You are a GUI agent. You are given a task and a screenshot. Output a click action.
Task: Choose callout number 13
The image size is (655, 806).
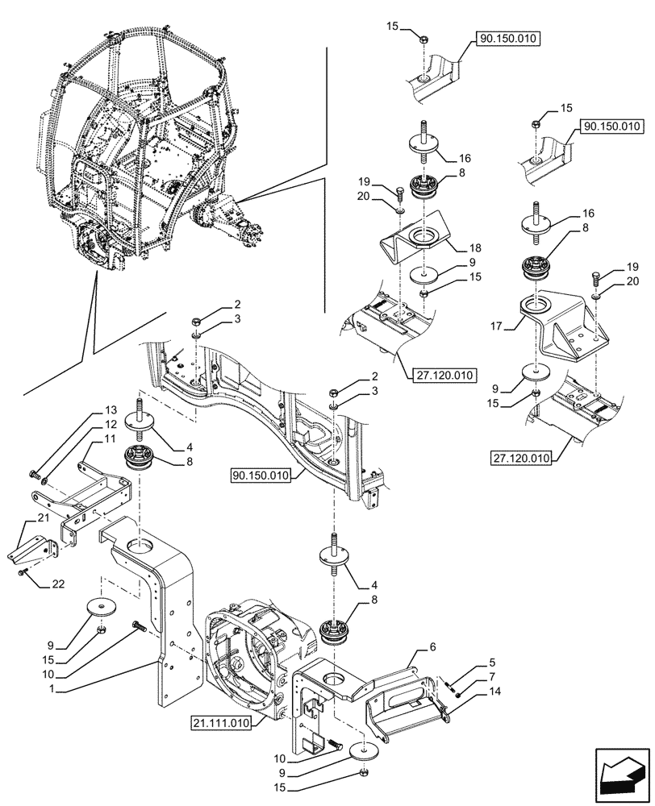point(110,409)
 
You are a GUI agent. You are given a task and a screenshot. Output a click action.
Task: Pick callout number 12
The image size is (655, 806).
point(110,423)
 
